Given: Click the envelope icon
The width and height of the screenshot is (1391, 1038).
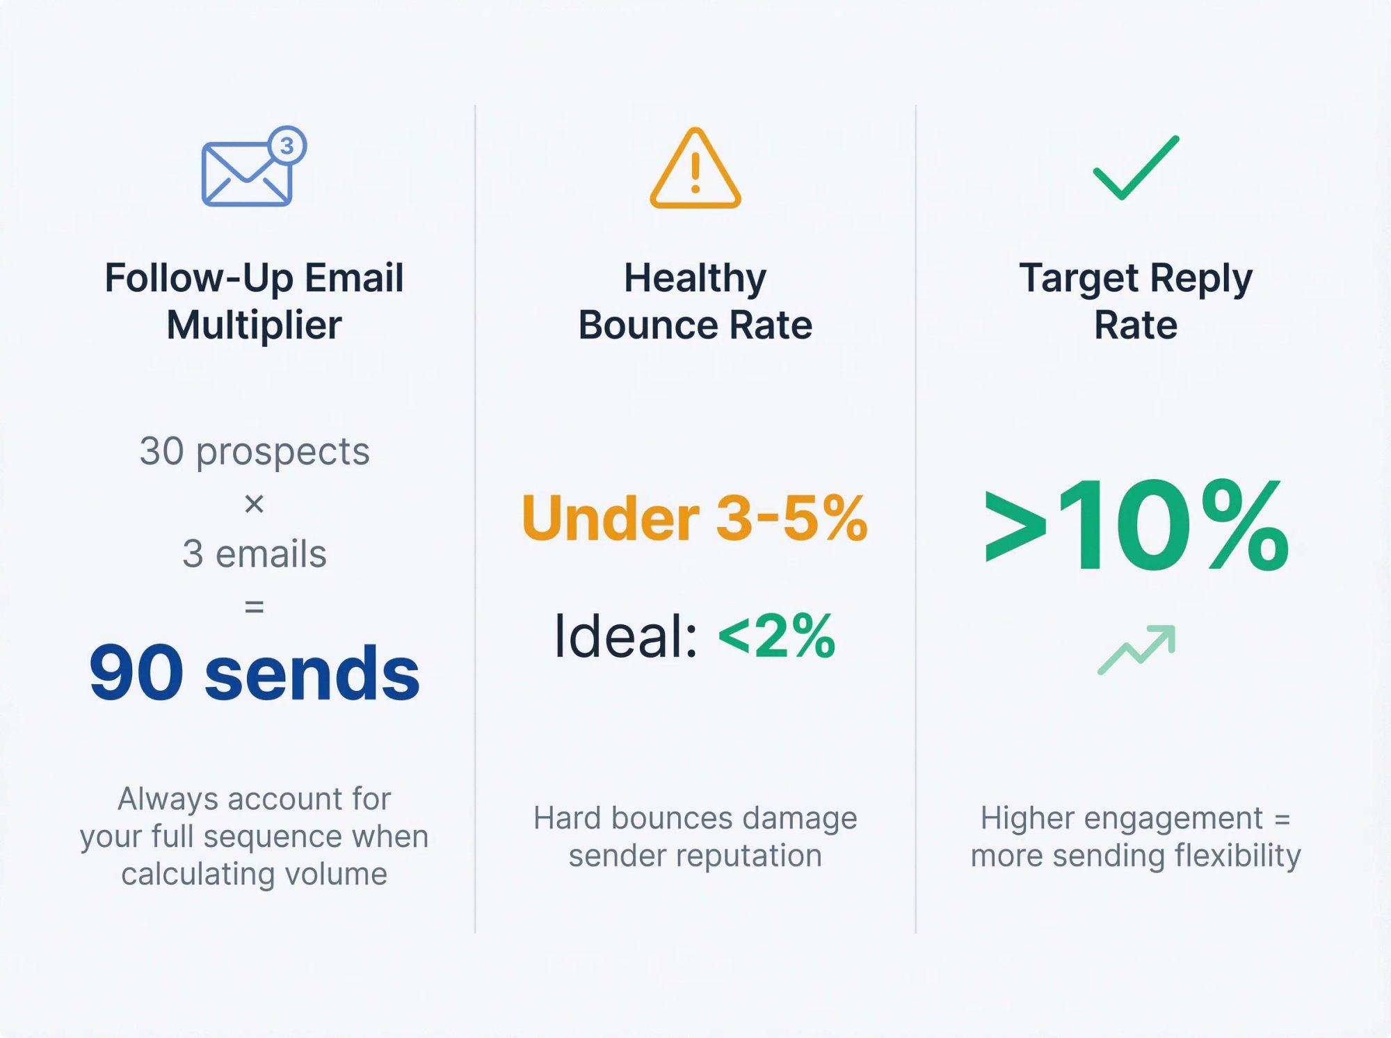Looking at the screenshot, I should [246, 175].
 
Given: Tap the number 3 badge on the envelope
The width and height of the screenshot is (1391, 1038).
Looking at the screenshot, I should [287, 146].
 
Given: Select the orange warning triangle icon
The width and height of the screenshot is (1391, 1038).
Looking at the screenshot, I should [695, 169].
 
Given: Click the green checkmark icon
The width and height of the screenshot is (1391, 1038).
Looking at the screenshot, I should [1136, 168].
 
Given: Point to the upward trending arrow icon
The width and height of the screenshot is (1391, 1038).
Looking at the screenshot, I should [1136, 649].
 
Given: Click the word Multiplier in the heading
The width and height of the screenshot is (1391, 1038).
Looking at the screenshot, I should [254, 325].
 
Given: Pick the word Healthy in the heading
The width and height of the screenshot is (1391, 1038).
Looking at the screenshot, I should [695, 278].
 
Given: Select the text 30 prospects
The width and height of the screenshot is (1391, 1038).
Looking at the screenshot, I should [254, 451].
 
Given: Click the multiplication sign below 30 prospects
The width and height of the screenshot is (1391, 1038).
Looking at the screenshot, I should [254, 503].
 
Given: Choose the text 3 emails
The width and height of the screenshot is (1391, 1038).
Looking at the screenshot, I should [254, 554].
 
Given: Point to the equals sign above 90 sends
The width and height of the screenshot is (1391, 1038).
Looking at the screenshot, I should [254, 607].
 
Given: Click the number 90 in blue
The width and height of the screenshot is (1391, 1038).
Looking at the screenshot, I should [136, 673].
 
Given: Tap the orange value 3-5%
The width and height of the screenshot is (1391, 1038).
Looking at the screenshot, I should [791, 518].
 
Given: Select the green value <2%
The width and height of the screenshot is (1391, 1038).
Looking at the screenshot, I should [776, 635].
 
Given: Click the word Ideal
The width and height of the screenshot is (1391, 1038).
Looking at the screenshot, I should [625, 635].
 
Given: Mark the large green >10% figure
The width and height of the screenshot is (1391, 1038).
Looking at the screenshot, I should [1136, 526].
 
